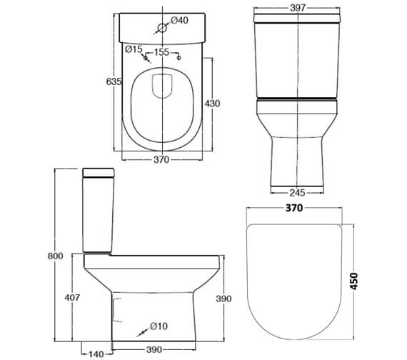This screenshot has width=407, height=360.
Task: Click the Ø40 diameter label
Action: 180,20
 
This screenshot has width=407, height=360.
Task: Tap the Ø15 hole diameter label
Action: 134,49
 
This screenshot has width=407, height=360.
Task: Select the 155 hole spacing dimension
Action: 161,52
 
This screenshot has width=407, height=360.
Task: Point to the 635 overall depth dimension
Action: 114,82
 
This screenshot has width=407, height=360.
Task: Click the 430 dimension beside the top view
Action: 212,104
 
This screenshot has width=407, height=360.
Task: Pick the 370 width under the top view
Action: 161,160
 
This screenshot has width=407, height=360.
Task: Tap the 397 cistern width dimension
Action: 298,8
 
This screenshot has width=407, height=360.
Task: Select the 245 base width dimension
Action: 298,193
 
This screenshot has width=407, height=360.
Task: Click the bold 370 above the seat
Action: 294,208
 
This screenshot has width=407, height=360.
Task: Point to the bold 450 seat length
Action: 353,281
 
